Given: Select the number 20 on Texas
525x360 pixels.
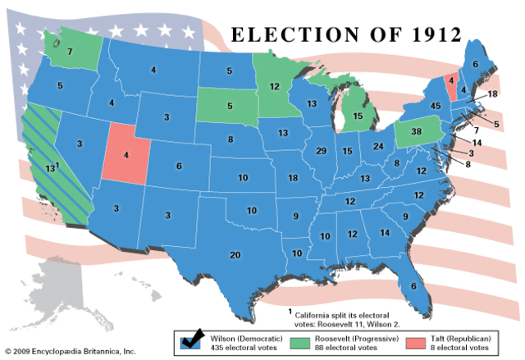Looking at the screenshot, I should tap(236, 255).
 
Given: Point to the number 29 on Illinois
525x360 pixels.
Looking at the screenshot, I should tap(322, 151).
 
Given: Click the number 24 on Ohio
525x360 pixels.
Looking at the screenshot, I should tap(378, 147).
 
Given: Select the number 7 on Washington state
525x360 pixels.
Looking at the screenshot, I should tap(71, 52).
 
